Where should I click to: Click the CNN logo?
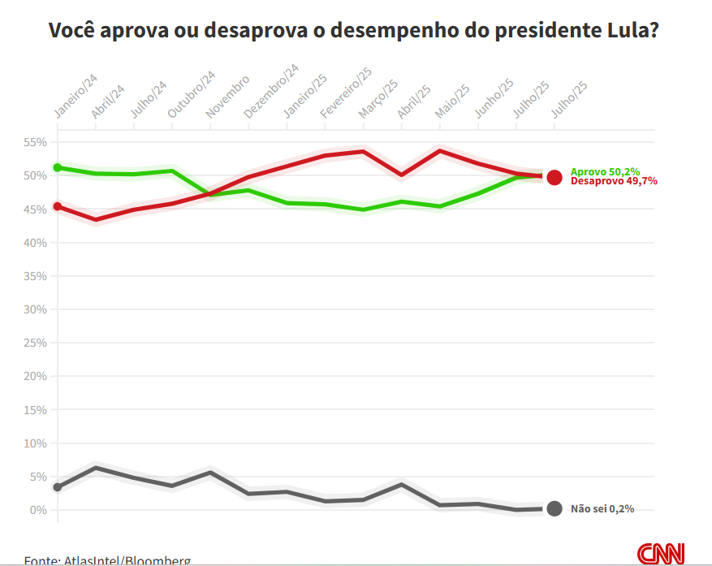point(661,554)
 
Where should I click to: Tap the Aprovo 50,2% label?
point(605,171)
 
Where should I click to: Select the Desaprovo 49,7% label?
point(614,181)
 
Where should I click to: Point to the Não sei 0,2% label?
point(602,509)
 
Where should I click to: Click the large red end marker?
point(554,177)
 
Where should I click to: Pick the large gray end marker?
point(554,509)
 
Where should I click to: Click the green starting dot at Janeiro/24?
point(58,167)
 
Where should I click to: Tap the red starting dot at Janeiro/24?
point(58,206)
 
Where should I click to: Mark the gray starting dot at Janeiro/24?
point(58,487)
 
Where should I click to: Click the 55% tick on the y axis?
point(36,142)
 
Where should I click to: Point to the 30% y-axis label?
point(36,309)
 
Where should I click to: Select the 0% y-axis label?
point(39,510)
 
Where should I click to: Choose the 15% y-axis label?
point(36,410)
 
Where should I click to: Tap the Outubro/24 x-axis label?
point(192,96)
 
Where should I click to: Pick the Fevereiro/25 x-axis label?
point(346,93)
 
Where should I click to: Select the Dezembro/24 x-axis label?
point(271,93)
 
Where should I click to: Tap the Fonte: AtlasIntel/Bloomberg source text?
point(107,560)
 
